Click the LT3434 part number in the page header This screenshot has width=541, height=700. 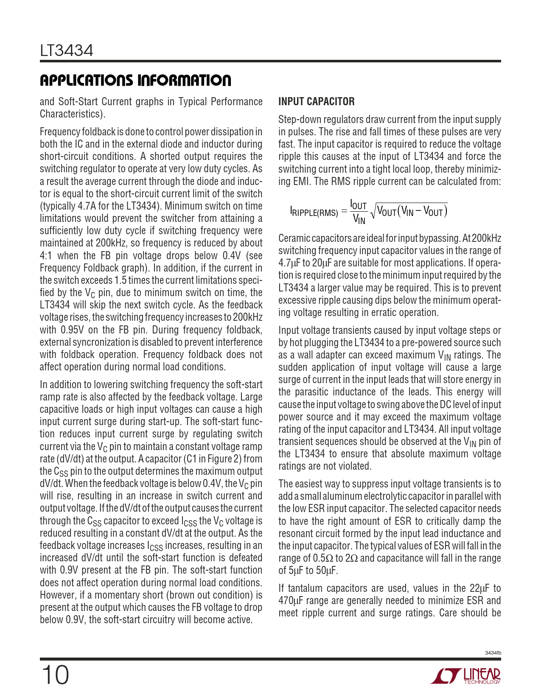click(x=67, y=51)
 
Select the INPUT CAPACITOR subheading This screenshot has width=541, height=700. click(x=316, y=102)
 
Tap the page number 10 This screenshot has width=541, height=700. click(x=55, y=675)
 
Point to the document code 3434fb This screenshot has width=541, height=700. click(x=493, y=653)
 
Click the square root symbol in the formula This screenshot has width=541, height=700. click(x=373, y=211)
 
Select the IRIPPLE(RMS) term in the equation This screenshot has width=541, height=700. click(x=314, y=212)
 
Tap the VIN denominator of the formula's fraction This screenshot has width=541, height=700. click(x=359, y=219)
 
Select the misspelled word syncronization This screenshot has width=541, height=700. click(x=101, y=342)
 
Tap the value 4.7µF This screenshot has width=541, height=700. click(x=289, y=263)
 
